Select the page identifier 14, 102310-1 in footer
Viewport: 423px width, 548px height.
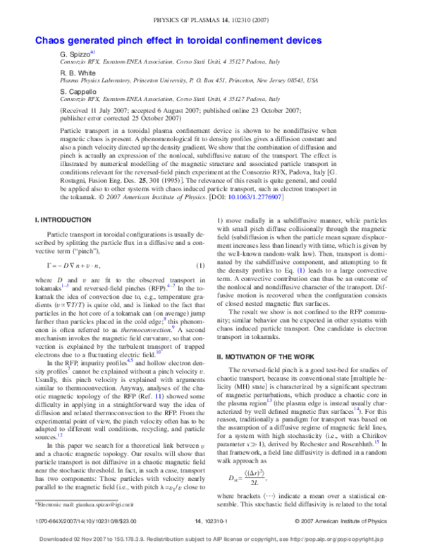tap(212, 520)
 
